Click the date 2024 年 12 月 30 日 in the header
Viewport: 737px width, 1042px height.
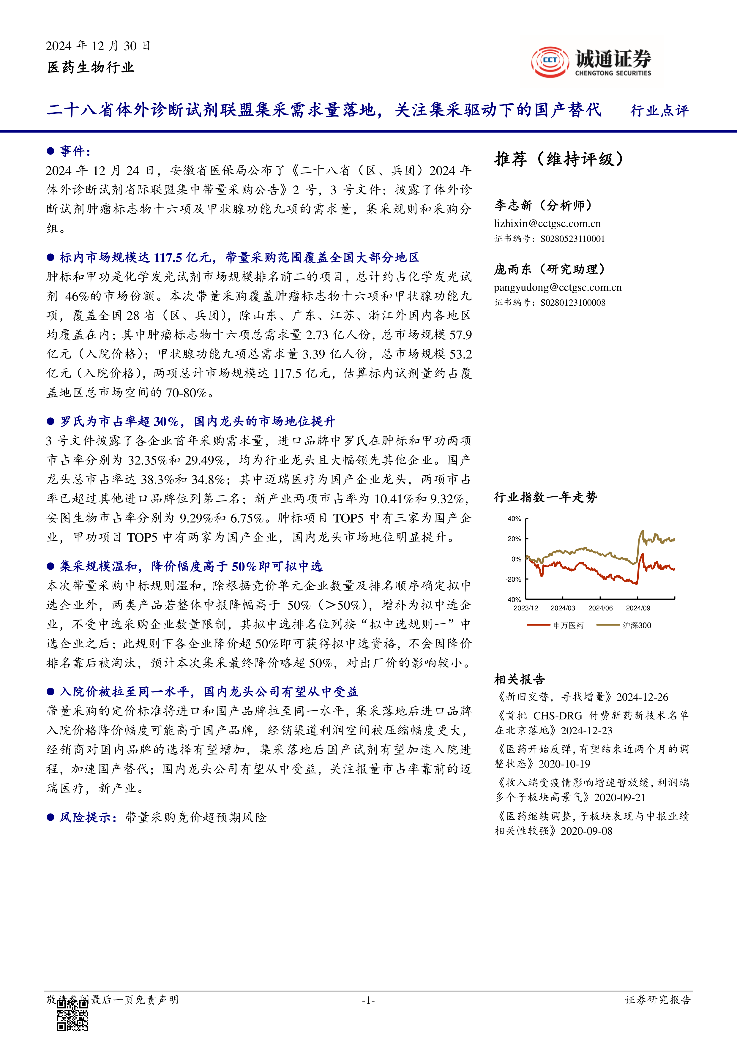pyautogui.click(x=98, y=46)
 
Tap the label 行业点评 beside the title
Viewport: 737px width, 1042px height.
pyautogui.click(x=659, y=111)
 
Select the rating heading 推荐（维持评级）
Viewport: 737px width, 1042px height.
pyautogui.click(x=559, y=159)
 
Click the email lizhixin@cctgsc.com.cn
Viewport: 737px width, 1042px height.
pyautogui.click(x=547, y=223)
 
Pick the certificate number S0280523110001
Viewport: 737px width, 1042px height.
pyautogui.click(x=572, y=239)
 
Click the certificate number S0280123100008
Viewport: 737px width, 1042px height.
pyautogui.click(x=572, y=303)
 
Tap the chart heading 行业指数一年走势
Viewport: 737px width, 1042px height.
pyautogui.click(x=545, y=498)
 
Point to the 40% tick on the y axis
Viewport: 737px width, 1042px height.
pyautogui.click(x=514, y=519)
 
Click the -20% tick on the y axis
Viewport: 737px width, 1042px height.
pyautogui.click(x=513, y=580)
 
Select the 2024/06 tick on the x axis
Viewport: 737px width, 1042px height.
pyautogui.click(x=600, y=608)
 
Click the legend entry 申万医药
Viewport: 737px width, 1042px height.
pyautogui.click(x=568, y=625)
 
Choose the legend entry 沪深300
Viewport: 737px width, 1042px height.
pyautogui.click(x=636, y=625)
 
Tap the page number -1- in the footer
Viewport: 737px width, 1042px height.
pyautogui.click(x=368, y=1000)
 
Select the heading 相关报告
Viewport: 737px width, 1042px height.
pyautogui.click(x=520, y=679)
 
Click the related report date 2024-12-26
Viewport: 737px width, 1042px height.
pyautogui.click(x=642, y=697)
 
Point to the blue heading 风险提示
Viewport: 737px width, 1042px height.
pyautogui.click(x=85, y=817)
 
